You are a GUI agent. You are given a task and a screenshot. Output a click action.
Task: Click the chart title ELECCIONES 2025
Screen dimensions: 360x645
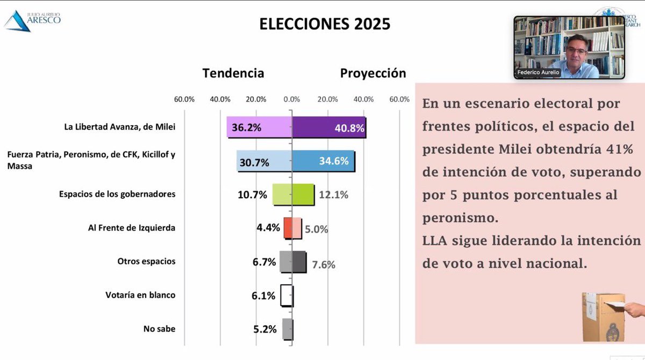(325, 25)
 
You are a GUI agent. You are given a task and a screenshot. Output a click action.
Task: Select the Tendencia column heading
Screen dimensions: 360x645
(233, 73)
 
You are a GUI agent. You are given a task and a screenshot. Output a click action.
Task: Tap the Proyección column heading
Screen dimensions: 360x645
(373, 73)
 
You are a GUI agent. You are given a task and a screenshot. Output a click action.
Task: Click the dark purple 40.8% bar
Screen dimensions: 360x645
(329, 128)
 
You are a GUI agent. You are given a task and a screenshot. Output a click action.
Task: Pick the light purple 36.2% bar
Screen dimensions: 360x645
(260, 128)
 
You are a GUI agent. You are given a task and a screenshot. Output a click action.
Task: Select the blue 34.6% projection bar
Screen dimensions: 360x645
(323, 161)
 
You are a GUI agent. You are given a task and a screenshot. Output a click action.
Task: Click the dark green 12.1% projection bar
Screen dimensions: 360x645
(303, 195)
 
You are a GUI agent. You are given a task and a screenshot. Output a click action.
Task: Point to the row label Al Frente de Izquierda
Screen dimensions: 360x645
(132, 228)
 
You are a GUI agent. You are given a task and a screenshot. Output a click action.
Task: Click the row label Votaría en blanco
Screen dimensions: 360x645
(140, 295)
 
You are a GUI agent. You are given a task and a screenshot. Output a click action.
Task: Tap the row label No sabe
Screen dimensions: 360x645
(159, 329)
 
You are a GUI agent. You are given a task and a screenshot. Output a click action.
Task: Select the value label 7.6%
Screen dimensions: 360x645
(324, 264)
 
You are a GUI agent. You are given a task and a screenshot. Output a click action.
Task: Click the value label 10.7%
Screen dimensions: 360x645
(252, 195)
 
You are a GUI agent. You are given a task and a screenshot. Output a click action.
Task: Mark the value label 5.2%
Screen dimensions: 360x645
(264, 329)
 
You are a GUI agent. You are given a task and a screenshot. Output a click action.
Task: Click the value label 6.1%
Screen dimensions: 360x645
(264, 296)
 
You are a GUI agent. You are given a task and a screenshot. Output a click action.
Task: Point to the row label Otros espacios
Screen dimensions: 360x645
(146, 262)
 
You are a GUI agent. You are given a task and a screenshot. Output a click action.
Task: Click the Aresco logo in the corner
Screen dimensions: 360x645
(32, 19)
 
